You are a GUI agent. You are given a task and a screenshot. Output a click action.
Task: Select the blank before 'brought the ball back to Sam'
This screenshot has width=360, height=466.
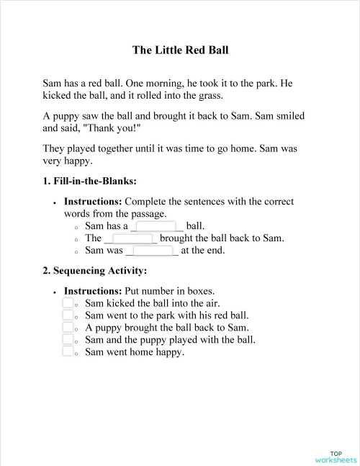click(x=131, y=238)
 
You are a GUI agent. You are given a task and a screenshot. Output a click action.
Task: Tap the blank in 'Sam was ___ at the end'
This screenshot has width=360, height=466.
click(x=152, y=251)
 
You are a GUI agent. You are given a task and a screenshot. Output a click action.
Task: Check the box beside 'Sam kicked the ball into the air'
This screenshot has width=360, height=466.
click(x=68, y=303)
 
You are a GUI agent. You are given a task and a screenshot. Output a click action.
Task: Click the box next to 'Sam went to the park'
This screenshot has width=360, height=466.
click(x=68, y=315)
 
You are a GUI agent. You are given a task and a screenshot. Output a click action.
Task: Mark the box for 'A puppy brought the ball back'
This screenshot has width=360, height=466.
click(x=68, y=328)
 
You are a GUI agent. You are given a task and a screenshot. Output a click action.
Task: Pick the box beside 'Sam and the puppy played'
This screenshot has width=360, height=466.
click(x=68, y=340)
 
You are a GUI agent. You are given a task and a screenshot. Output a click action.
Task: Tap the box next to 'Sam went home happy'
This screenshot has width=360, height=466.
click(x=68, y=352)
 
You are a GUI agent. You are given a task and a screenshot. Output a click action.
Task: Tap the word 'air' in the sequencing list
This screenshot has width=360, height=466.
click(x=211, y=303)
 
